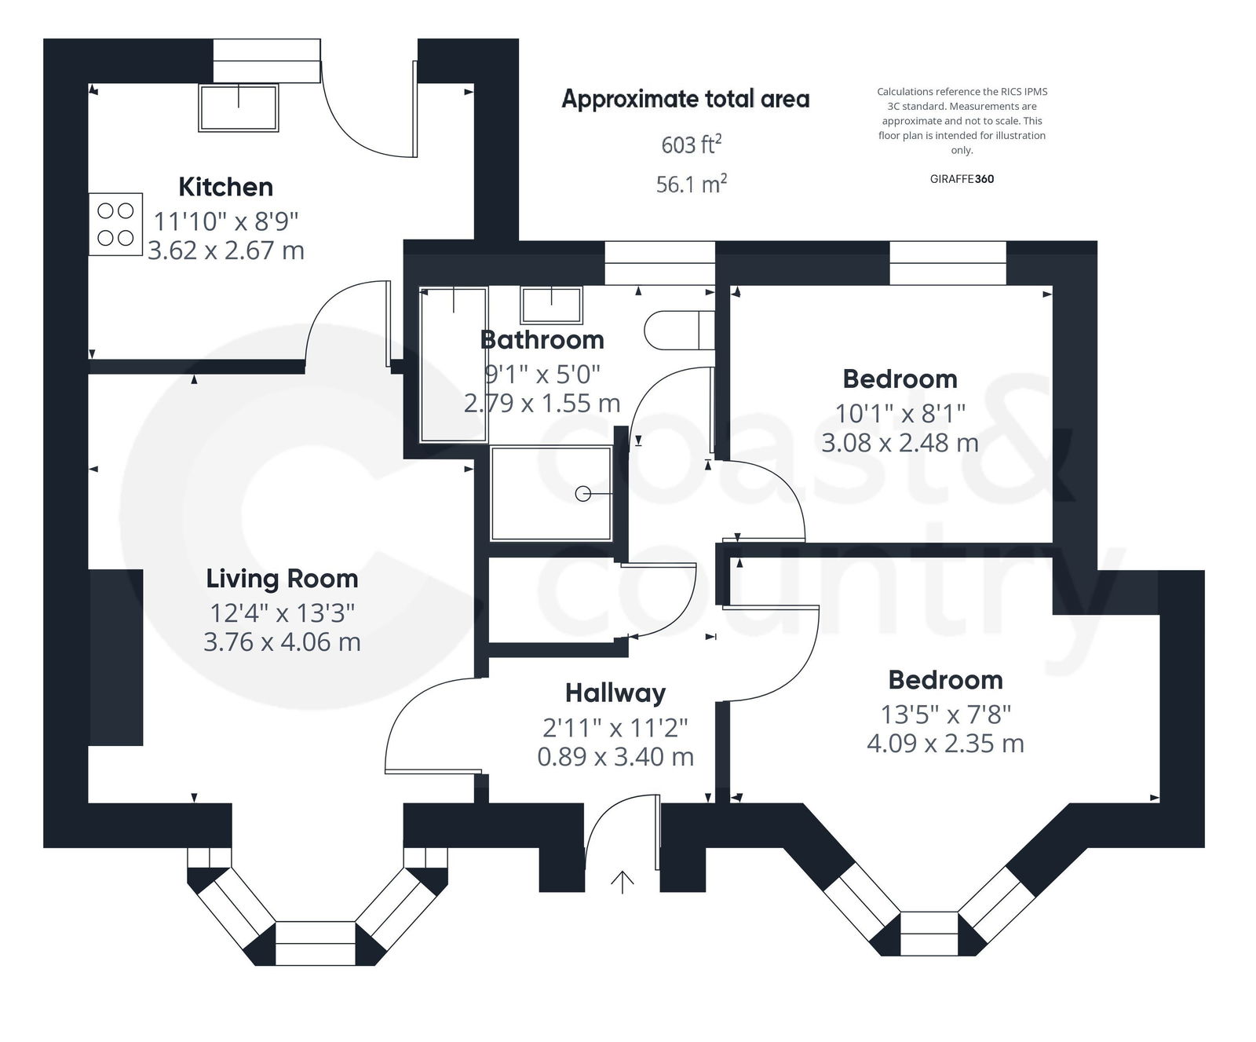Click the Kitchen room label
coord(225,187)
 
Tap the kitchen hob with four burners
coord(115,225)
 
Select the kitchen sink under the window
coord(239,108)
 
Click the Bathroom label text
coord(542,340)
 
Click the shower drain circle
coord(582,494)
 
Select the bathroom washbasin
coord(552,305)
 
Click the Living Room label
coord(282,579)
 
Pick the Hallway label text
coord(615,693)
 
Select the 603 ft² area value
coord(691,144)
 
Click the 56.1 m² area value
coord(691,185)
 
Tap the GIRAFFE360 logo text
coord(962,179)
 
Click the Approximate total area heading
coord(685,100)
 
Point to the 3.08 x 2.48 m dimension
coord(900,443)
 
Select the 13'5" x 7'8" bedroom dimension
coord(945,715)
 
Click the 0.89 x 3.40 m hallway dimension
coord(615,757)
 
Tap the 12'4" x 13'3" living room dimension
coord(282,612)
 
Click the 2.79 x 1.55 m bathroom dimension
coord(542,404)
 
